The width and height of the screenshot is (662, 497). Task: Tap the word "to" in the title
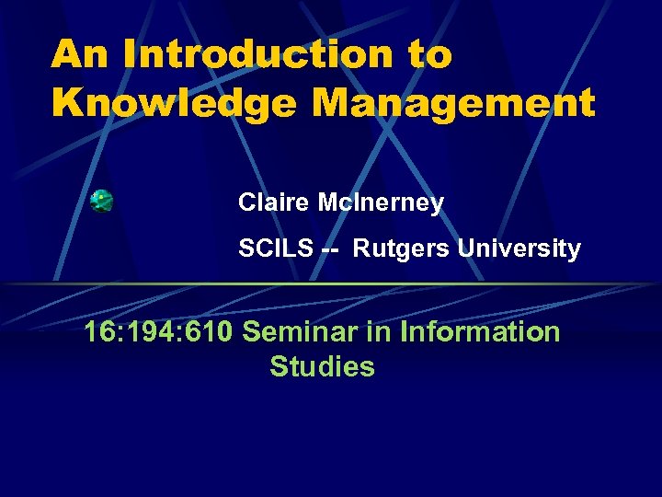[x=428, y=55]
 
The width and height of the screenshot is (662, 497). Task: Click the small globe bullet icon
[x=102, y=202]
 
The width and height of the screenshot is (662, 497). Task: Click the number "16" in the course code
[x=98, y=331]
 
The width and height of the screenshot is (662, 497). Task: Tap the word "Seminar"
[x=300, y=331]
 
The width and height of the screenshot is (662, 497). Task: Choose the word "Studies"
[x=322, y=366]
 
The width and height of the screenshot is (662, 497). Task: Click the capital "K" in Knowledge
[x=65, y=103]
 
